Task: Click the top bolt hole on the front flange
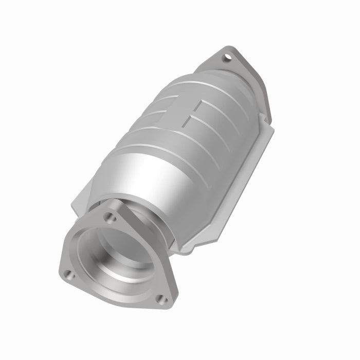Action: click(x=110, y=218)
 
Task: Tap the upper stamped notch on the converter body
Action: click(x=198, y=105)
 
